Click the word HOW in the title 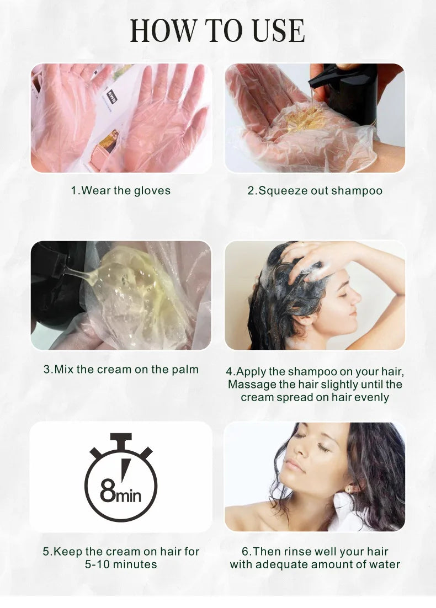163,31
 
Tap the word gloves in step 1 152,191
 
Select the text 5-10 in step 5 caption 97,564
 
